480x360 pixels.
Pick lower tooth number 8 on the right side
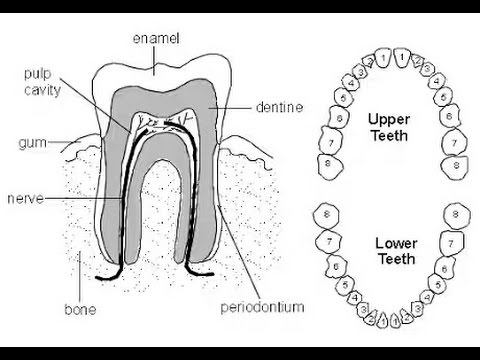(456, 214)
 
